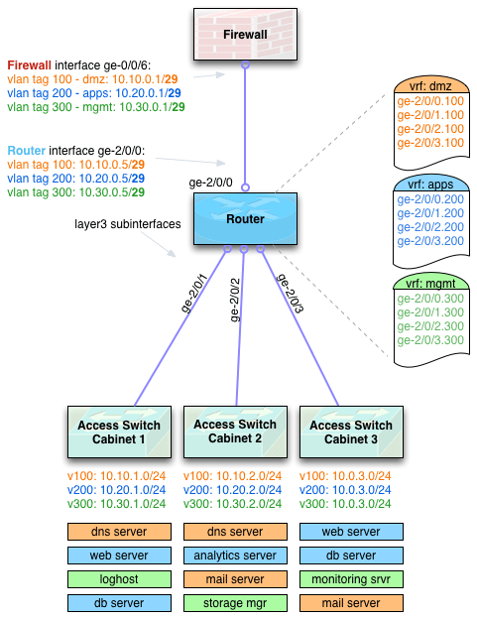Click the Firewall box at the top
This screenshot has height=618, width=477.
pyautogui.click(x=244, y=35)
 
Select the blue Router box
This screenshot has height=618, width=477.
pyautogui.click(x=244, y=217)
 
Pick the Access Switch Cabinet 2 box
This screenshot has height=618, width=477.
pyautogui.click(x=234, y=432)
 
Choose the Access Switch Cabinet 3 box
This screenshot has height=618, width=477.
pyautogui.click(x=350, y=432)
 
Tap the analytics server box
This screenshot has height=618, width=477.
pyautogui.click(x=235, y=556)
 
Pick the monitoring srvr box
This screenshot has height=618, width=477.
pyautogui.click(x=350, y=578)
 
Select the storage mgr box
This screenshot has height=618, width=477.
pyautogui.click(x=235, y=602)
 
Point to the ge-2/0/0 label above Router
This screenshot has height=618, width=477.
pyautogui.click(x=210, y=183)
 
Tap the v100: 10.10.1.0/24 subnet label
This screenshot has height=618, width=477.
pyautogui.click(x=111, y=476)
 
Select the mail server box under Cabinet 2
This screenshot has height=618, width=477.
pyautogui.click(x=235, y=578)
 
